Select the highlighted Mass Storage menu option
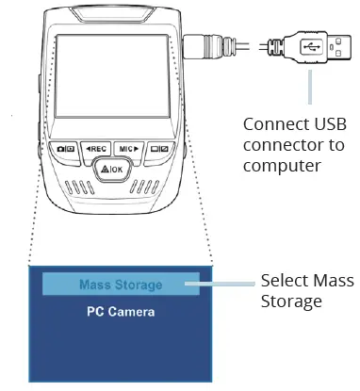coord(120,284)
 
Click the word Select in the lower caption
coord(281,281)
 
